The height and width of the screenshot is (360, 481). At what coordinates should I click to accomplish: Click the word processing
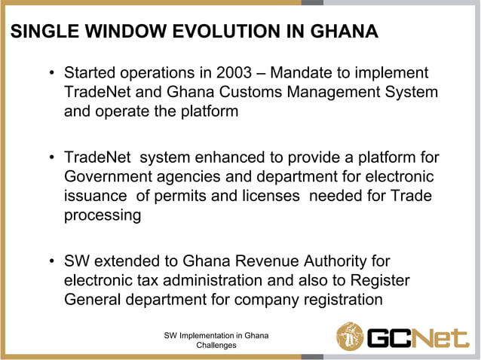click(103, 215)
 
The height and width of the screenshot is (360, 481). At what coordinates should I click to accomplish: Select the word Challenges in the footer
click(216, 345)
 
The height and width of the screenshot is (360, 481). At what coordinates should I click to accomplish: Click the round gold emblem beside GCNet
click(350, 336)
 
